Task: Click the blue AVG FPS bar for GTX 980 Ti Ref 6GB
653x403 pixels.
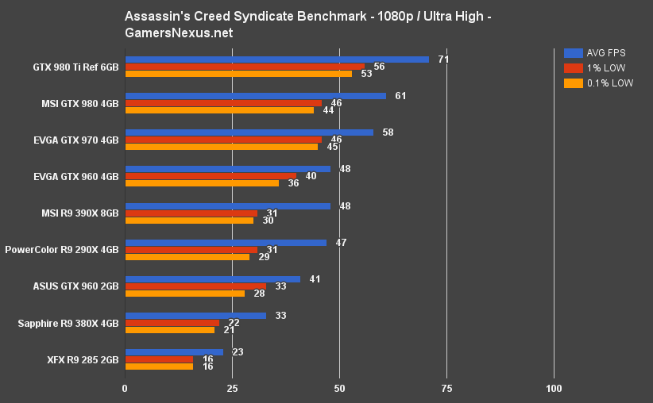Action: click(276, 59)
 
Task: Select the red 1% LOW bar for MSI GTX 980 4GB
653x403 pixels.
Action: click(223, 103)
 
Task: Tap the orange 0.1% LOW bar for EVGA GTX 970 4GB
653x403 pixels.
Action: click(221, 147)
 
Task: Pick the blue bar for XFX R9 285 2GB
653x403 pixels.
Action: click(174, 352)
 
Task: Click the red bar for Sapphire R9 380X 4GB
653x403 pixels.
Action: click(172, 323)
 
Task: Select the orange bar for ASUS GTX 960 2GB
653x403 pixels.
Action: click(184, 294)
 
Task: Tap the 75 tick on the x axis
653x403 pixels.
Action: click(446, 389)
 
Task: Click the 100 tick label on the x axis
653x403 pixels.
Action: click(554, 389)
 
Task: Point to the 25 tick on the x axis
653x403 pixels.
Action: click(232, 389)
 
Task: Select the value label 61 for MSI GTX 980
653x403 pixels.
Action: click(401, 96)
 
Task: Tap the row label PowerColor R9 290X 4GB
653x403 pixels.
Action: click(62, 250)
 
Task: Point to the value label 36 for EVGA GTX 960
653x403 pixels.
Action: click(294, 183)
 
